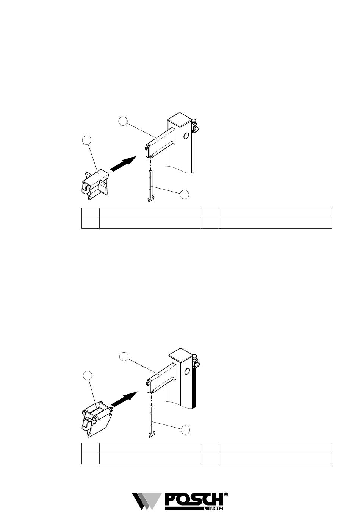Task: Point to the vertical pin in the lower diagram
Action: pyautogui.click(x=151, y=421)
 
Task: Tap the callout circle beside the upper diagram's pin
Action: pyautogui.click(x=185, y=194)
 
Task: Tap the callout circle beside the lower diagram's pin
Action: pyautogui.click(x=185, y=430)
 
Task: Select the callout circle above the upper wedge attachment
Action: pyautogui.click(x=87, y=140)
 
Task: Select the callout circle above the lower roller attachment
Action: pyautogui.click(x=88, y=375)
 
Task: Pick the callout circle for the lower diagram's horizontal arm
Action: pyautogui.click(x=124, y=356)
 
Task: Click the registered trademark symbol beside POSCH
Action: pyautogui.click(x=226, y=494)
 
